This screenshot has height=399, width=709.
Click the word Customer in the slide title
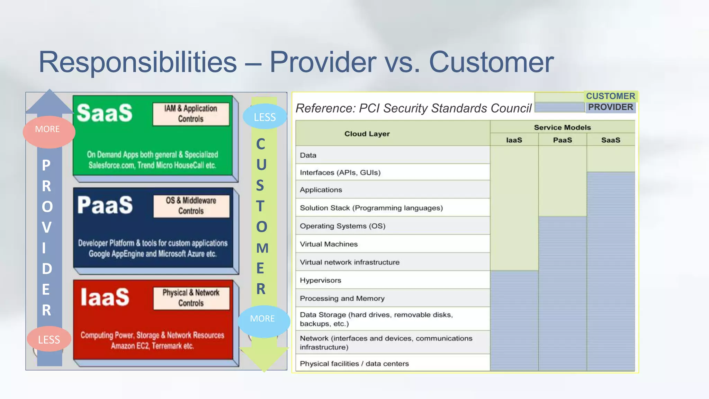(491, 62)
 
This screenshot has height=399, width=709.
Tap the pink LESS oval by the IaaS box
(49, 339)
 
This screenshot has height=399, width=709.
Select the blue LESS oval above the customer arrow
(265, 117)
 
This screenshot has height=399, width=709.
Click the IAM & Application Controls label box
(191, 114)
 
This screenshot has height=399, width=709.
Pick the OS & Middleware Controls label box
(191, 206)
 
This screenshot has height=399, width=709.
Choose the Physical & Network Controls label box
(191, 298)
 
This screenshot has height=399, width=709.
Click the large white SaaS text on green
(105, 113)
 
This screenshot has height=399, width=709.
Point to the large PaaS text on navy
(105, 205)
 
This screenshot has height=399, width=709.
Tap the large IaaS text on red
(105, 297)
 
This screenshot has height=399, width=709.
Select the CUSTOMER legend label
(610, 96)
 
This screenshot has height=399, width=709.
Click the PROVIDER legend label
(610, 107)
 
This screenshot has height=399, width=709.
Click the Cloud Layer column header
(367, 134)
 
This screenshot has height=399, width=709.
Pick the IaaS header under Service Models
(514, 140)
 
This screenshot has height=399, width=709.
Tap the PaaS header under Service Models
(563, 140)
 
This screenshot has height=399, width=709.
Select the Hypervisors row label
(321, 281)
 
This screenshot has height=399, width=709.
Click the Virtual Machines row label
(329, 244)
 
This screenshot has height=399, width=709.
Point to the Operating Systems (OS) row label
(342, 226)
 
